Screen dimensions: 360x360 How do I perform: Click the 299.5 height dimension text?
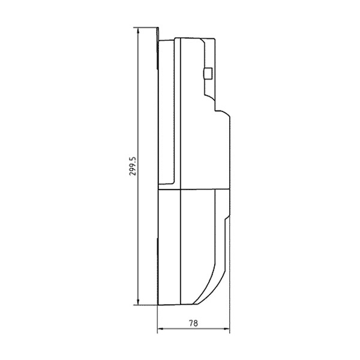point(133,166)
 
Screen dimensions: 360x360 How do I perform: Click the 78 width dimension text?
point(193,323)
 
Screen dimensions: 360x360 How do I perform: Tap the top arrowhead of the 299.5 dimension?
point(138,31)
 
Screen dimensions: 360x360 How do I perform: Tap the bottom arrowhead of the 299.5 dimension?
point(138,302)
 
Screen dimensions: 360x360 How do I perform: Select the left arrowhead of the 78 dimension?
point(160,329)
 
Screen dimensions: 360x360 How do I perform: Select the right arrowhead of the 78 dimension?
point(227,329)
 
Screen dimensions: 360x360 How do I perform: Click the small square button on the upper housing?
point(208,73)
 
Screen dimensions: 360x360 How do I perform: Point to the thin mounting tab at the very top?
point(158,48)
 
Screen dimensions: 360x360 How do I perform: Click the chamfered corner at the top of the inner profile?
point(203,41)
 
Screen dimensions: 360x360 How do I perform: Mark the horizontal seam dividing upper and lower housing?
point(194,190)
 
